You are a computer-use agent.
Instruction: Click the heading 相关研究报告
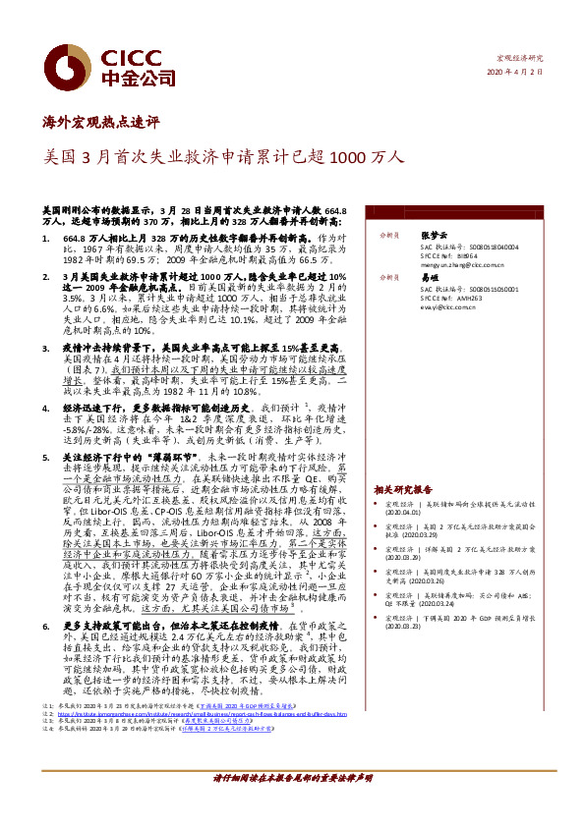403,487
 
